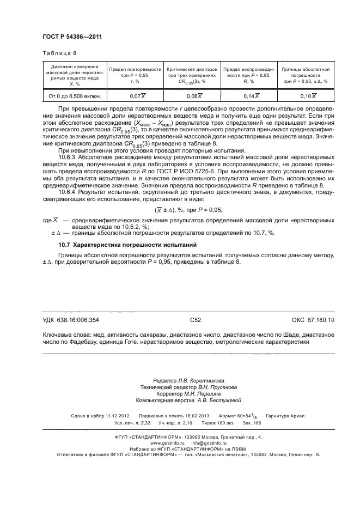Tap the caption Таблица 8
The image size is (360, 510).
click(59, 53)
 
